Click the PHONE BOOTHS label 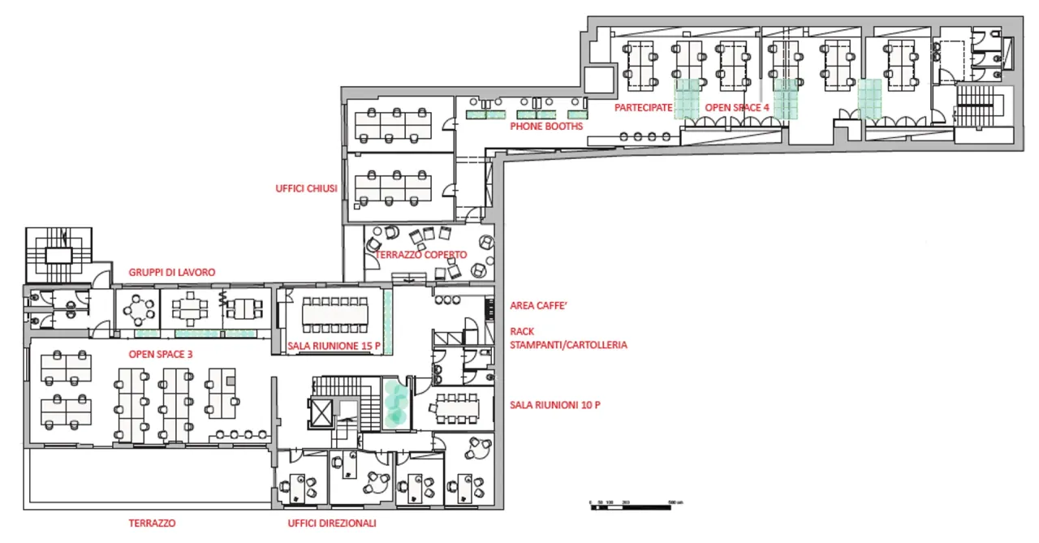545,127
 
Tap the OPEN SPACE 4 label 736,107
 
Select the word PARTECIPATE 643,107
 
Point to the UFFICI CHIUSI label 306,189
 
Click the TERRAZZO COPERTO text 420,255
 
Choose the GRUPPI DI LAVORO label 172,273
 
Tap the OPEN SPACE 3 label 160,354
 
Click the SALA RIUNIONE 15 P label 334,346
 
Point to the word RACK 522,331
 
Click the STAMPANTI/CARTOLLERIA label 568,344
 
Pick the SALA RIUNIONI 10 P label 554,404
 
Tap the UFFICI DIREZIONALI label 331,524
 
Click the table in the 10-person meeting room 457,405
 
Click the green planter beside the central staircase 395,404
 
